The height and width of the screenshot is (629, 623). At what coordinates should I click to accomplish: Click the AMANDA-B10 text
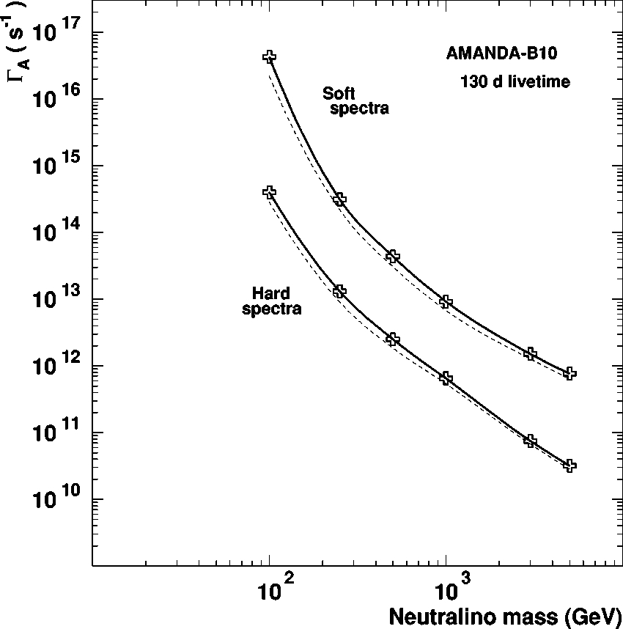pos(497,54)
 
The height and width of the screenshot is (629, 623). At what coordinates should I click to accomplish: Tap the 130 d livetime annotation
pos(515,82)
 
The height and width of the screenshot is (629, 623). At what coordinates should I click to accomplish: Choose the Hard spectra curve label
pos(272,301)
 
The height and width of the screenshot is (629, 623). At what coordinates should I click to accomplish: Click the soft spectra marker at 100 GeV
pos(270,56)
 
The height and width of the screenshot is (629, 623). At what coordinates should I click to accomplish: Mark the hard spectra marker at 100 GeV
pos(270,192)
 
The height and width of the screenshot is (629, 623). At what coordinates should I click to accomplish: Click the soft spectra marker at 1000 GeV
pos(446,302)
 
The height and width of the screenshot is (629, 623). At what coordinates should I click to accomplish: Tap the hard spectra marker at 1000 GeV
pos(446,378)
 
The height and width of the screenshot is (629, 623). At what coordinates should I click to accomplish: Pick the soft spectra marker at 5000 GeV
pos(569,373)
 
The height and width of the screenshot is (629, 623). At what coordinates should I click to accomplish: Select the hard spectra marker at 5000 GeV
pos(569,466)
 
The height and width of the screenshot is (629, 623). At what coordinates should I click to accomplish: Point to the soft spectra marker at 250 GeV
pos(339,199)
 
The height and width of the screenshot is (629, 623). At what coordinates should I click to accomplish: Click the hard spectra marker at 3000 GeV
pos(531,441)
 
